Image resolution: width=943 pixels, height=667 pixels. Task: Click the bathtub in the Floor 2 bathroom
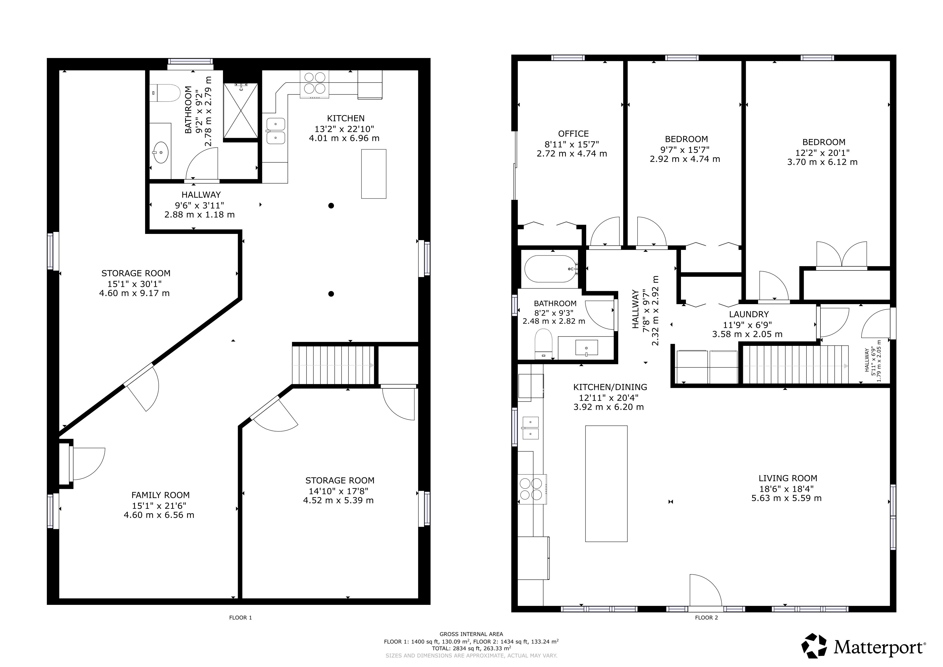pyautogui.click(x=551, y=269)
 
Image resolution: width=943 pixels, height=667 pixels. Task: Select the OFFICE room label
pyautogui.click(x=573, y=134)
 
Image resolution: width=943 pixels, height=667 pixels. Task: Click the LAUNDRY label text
pyautogui.click(x=749, y=314)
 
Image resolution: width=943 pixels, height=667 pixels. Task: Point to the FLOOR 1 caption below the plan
pyautogui.click(x=240, y=618)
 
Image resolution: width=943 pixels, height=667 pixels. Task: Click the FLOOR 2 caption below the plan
pyautogui.click(x=707, y=618)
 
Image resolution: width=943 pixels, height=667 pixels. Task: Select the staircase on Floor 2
pyautogui.click(x=796, y=365)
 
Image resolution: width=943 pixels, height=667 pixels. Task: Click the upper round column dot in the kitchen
pyautogui.click(x=331, y=205)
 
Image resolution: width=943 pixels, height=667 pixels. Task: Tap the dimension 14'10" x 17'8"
pyautogui.click(x=339, y=491)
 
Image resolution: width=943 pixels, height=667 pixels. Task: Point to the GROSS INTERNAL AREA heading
pyautogui.click(x=471, y=634)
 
